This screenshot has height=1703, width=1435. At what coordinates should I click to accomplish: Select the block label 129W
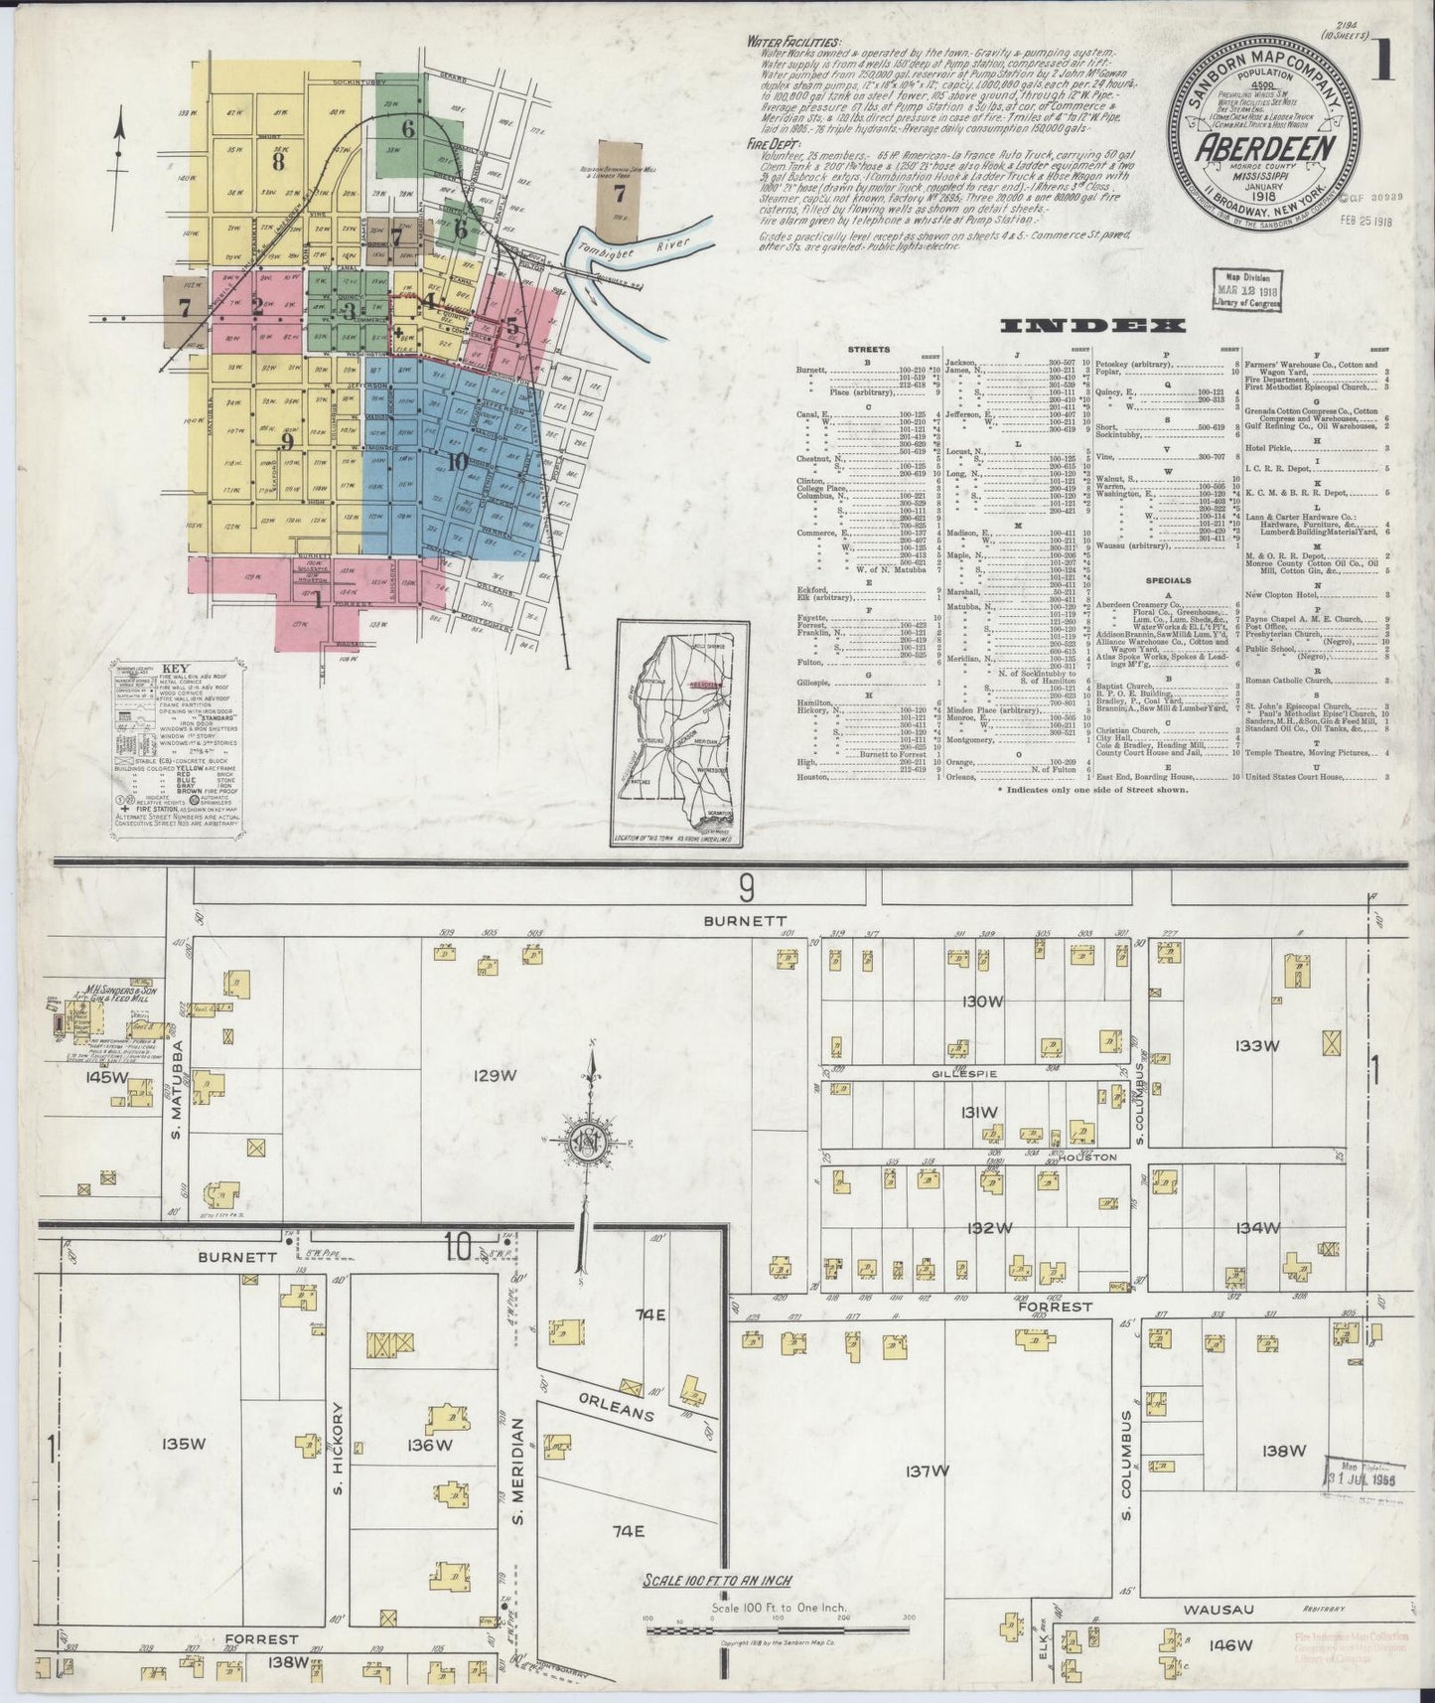(x=495, y=1075)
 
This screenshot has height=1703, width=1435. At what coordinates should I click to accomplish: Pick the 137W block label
(x=928, y=1471)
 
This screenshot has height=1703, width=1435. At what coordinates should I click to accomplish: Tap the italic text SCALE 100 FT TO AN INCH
(x=718, y=1581)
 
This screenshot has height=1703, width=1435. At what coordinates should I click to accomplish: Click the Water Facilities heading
(x=795, y=44)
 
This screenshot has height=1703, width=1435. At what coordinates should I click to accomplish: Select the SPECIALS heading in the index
(x=1167, y=580)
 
